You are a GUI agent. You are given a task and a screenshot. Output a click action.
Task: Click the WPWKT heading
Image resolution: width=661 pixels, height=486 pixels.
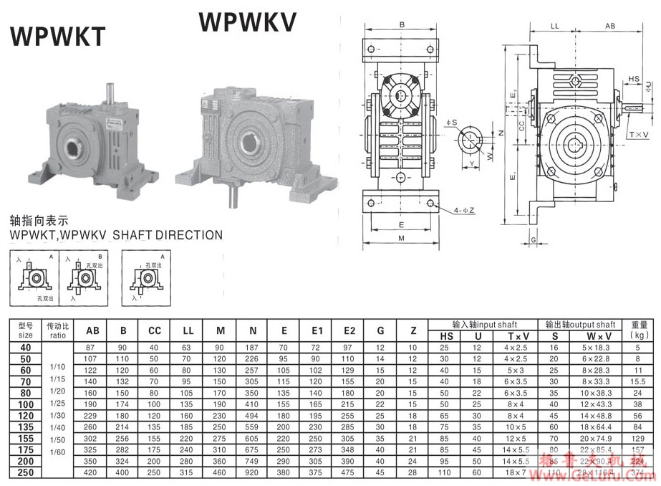click(x=57, y=35)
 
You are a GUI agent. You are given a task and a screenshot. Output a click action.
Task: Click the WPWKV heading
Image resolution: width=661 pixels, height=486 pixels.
click(x=247, y=22)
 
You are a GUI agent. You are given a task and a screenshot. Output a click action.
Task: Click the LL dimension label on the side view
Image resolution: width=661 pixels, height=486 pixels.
click(x=554, y=25)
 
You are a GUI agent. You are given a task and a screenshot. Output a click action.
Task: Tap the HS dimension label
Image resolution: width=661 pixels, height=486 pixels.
click(x=634, y=79)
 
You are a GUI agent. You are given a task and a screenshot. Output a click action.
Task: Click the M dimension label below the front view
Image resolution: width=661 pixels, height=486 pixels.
click(x=401, y=238)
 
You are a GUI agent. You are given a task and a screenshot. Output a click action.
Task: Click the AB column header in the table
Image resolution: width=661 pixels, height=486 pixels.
click(x=93, y=331)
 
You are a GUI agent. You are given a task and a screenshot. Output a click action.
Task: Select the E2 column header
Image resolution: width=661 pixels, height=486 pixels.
click(x=349, y=331)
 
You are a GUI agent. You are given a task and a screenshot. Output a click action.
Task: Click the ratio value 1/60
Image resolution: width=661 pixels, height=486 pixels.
click(x=57, y=453)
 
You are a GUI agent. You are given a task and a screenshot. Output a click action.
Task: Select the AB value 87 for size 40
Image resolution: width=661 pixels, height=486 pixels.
click(x=90, y=347)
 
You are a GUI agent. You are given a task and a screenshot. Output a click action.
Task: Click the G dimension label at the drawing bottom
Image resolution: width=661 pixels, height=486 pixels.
click(x=534, y=238)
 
